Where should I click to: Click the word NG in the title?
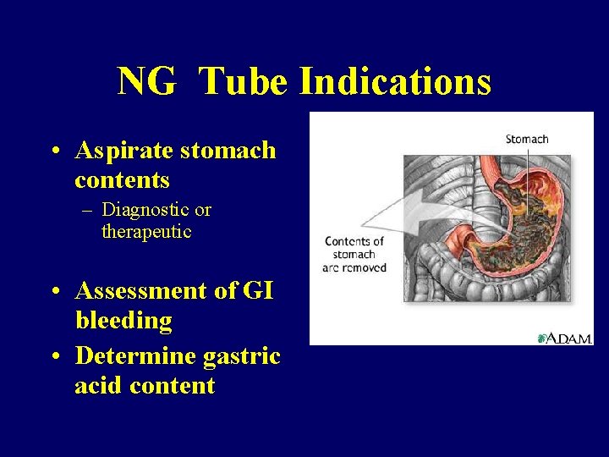(146, 82)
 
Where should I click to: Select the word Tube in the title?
(244, 82)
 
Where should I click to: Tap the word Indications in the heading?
(395, 82)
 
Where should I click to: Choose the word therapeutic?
(146, 231)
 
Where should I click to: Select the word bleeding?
(123, 321)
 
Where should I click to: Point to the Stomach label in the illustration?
(527, 140)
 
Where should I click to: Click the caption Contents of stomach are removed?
(355, 254)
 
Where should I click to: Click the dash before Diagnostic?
(86, 210)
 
